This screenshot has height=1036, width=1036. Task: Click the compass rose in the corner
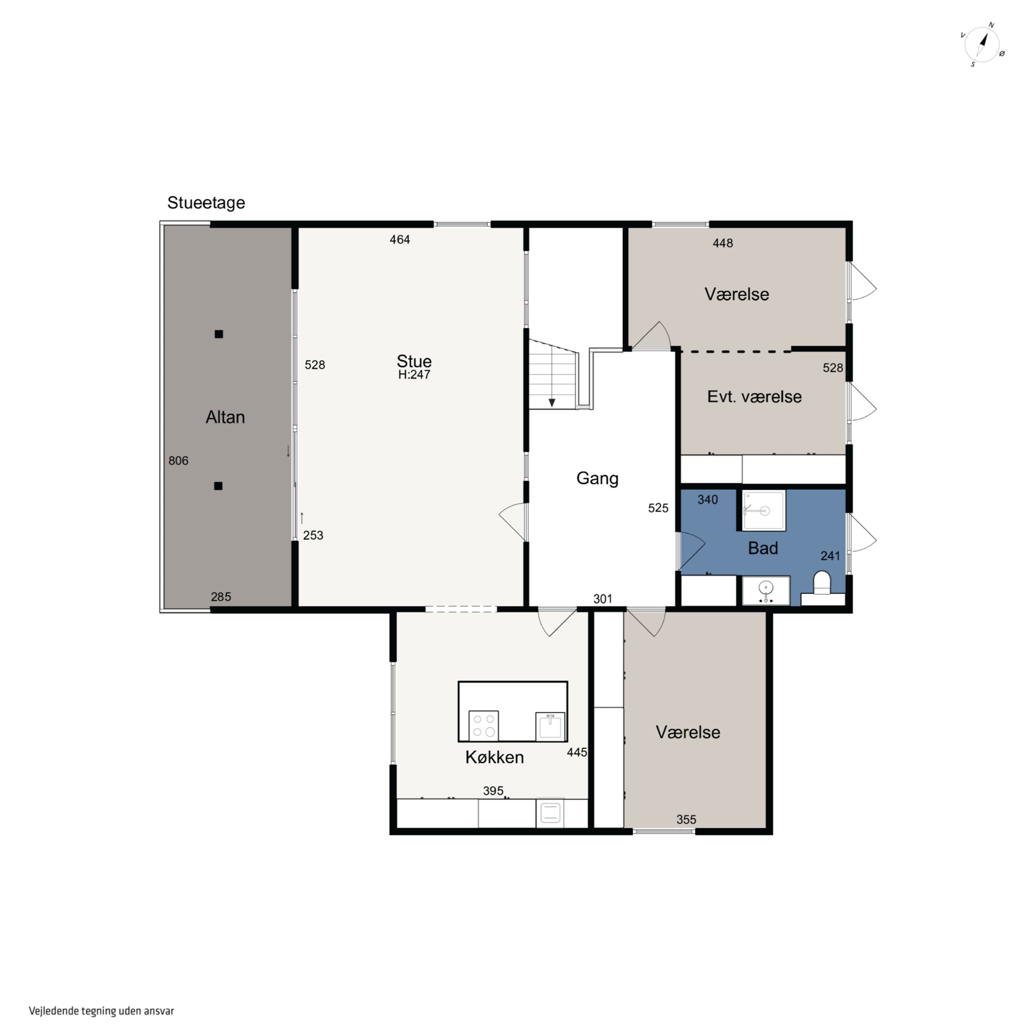point(982,45)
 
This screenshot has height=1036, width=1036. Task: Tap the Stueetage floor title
point(206,203)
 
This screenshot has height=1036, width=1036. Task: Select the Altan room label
point(225,417)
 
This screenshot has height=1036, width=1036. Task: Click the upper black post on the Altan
point(219,334)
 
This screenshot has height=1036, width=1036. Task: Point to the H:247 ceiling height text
point(414,375)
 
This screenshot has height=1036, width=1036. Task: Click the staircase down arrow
point(552,403)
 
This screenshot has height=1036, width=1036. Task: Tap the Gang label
point(597,478)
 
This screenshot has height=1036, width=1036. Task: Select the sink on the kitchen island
point(550,727)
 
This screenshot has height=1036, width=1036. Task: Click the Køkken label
point(495,757)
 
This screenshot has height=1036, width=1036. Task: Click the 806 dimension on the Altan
point(179,461)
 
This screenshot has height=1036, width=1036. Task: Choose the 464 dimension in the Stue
point(400,240)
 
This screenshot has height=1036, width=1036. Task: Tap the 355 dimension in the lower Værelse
point(687,819)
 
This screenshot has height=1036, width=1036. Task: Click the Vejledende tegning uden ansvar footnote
point(101,1011)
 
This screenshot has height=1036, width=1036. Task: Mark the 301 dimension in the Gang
point(603,599)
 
